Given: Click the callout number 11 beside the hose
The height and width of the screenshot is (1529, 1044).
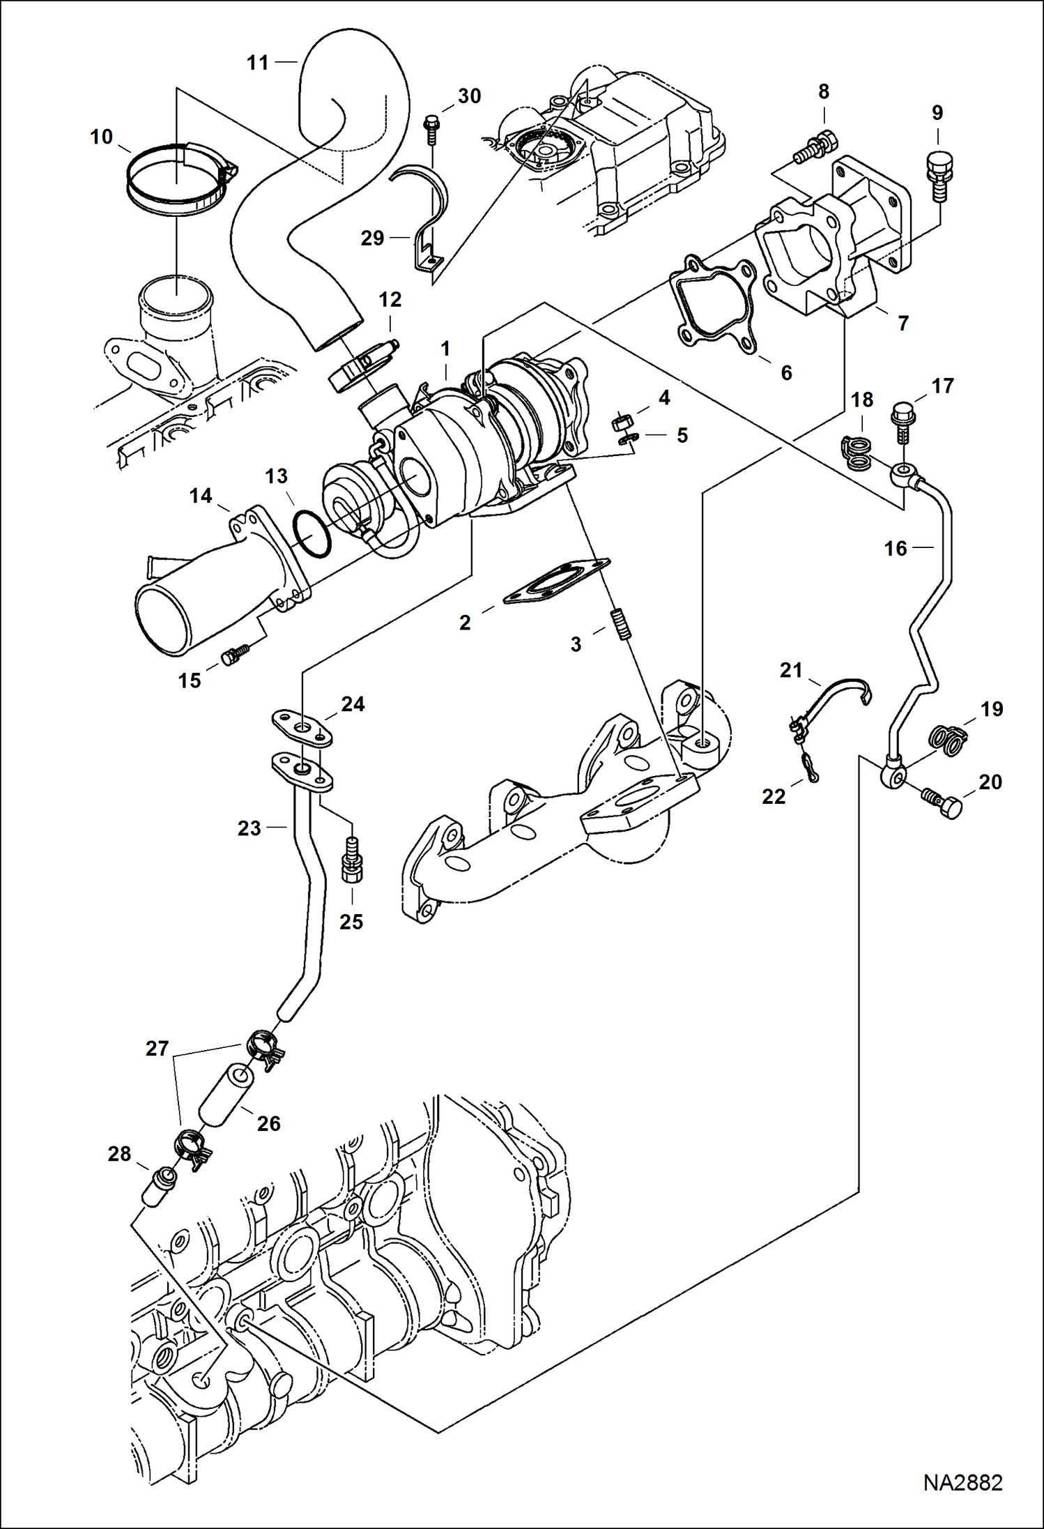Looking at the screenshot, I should click(x=257, y=63).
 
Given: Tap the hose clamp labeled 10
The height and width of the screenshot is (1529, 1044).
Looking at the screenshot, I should click(x=178, y=178).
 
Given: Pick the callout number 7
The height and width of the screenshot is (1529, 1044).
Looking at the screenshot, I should click(x=903, y=324).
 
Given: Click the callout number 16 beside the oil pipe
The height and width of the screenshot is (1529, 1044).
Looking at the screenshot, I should click(x=896, y=549).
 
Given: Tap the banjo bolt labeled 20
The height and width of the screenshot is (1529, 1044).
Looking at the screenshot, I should click(x=945, y=804).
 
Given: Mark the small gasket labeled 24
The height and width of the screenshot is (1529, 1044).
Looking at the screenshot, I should click(x=301, y=728).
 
